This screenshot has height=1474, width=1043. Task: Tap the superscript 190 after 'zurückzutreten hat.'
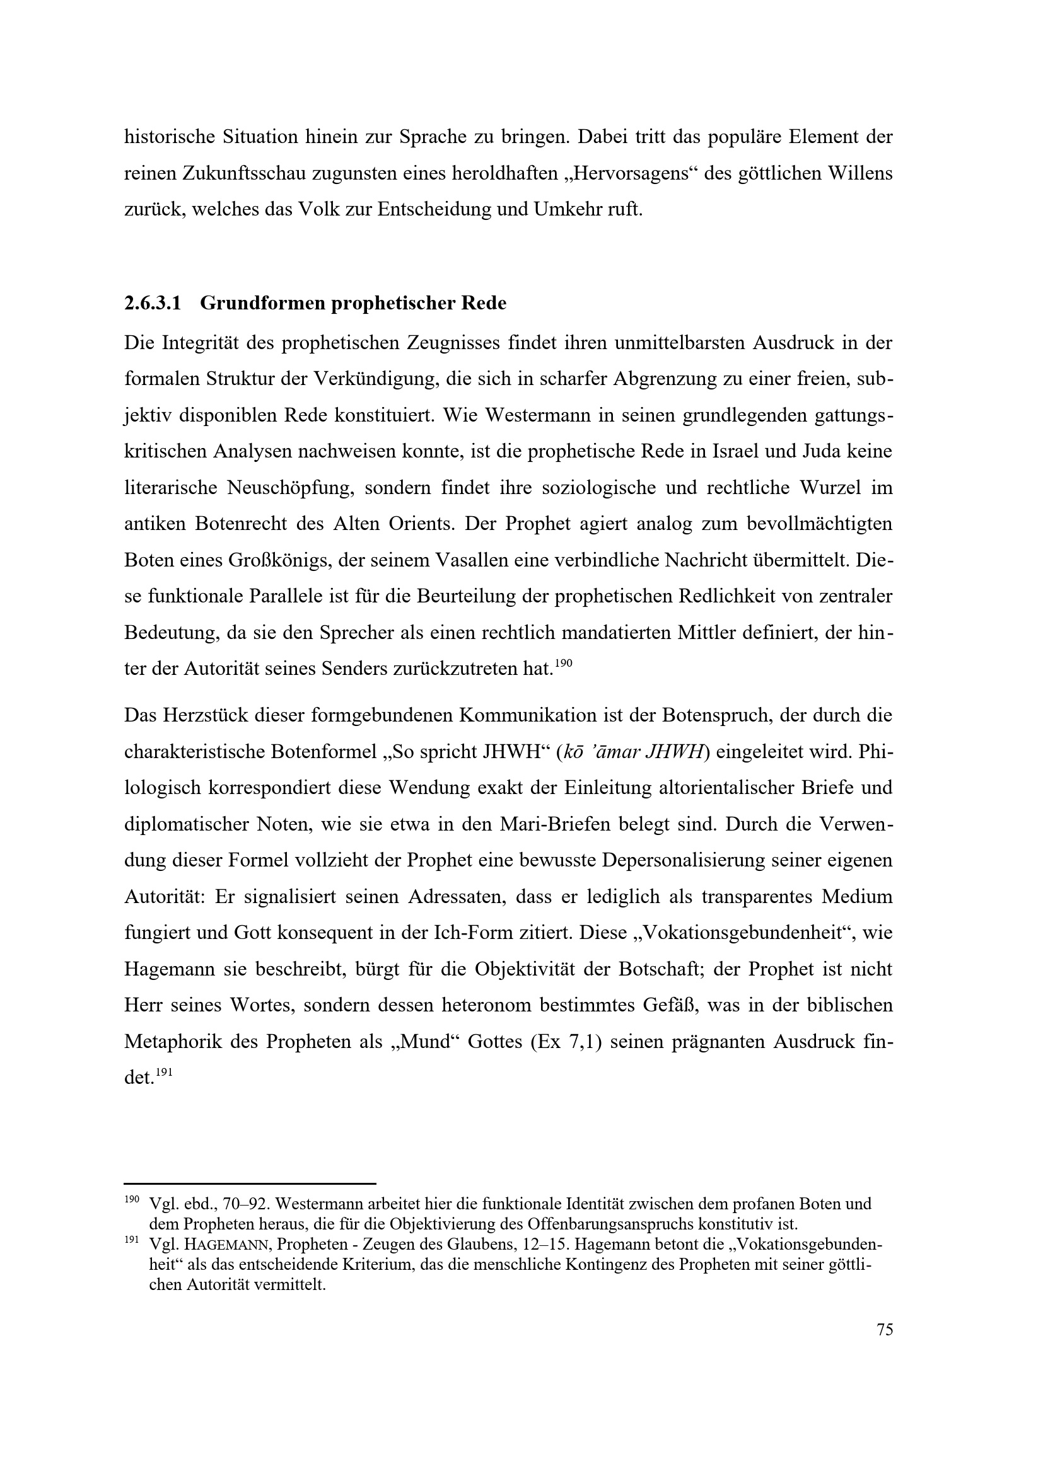562,664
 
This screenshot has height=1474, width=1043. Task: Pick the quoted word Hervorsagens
621,174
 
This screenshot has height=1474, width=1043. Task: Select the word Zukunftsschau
243,174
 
